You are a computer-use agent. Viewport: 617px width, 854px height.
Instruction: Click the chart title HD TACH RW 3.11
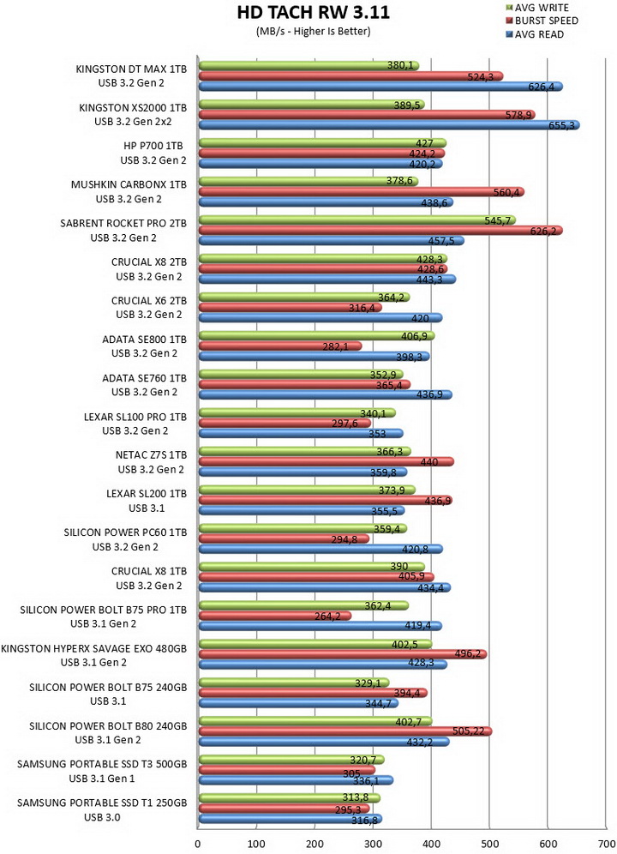point(313,13)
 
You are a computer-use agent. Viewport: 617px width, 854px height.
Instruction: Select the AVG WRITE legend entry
point(537,8)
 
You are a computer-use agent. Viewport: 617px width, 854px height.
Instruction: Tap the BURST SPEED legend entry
point(542,21)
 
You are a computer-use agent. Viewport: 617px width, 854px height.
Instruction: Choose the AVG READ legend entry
point(535,34)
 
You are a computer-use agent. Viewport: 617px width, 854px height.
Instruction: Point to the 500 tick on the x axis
point(489,845)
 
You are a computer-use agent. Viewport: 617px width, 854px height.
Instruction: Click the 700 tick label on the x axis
point(606,845)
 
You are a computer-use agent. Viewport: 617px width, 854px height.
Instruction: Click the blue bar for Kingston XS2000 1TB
point(389,125)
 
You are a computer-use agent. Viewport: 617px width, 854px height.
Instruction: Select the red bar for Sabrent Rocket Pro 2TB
point(380,231)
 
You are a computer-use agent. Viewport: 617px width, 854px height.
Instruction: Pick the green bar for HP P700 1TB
point(322,143)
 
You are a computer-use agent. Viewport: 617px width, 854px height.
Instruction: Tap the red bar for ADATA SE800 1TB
point(280,346)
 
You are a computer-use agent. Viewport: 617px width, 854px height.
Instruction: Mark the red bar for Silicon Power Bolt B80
point(345,731)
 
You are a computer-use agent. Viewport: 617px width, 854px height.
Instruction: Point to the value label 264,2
point(327,616)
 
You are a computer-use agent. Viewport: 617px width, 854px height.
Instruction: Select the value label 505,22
point(469,731)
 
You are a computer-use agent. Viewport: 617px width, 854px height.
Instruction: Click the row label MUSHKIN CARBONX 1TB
point(129,184)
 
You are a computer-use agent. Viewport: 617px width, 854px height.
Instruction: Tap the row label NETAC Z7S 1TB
point(151,454)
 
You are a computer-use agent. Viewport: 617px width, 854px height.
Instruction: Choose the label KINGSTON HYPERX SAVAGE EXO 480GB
point(93,648)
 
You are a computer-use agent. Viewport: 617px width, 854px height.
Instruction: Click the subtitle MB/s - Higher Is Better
point(313,32)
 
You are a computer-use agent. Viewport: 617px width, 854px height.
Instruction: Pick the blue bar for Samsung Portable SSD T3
point(296,780)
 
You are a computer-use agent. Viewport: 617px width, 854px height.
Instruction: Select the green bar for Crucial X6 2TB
point(304,298)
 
